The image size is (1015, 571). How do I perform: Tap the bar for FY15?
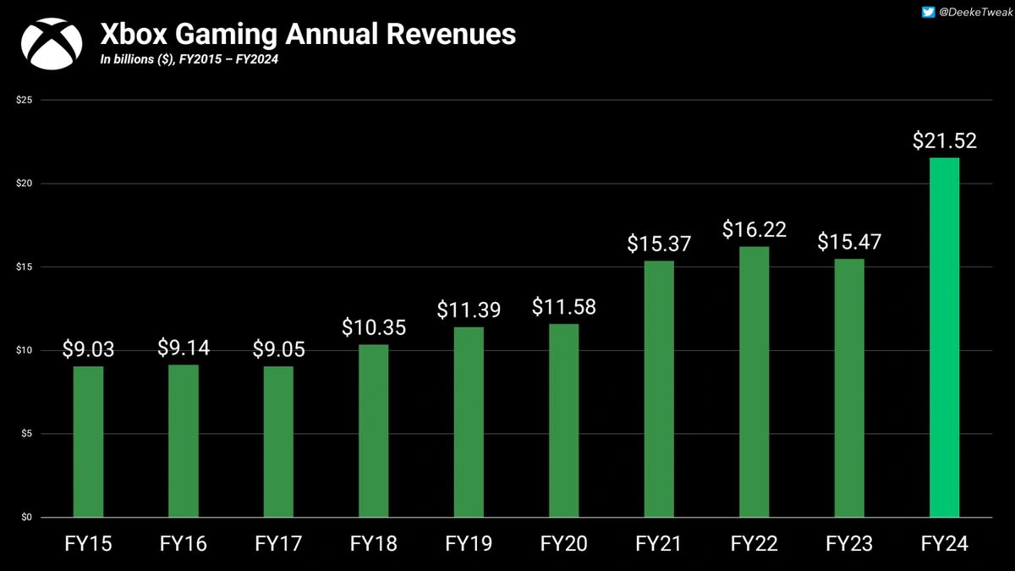pos(88,441)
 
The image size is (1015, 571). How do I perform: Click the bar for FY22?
pos(754,382)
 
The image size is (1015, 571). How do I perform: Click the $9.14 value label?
pos(183,348)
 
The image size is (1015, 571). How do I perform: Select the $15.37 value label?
pos(659,244)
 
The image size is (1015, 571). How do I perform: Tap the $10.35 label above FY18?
pos(373,327)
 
